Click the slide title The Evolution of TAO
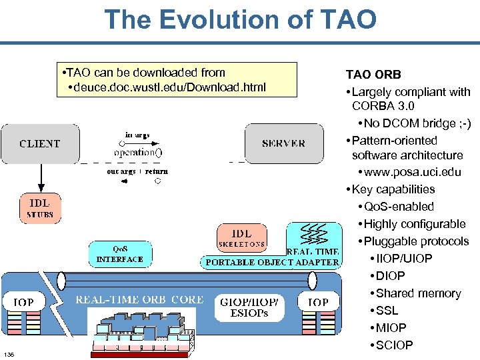[x=240, y=19]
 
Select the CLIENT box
[x=40, y=143]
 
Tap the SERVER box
[x=283, y=143]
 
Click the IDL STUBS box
[x=40, y=208]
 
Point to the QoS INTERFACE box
[x=120, y=254]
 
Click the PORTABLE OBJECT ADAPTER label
[x=272, y=263]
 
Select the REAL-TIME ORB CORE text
[x=139, y=300]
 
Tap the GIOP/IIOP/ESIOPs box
[x=249, y=307]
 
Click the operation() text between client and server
[x=137, y=152]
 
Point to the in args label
[x=137, y=135]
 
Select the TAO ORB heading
[x=373, y=75]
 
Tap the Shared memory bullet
[x=418, y=293]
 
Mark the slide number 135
[x=9, y=353]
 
